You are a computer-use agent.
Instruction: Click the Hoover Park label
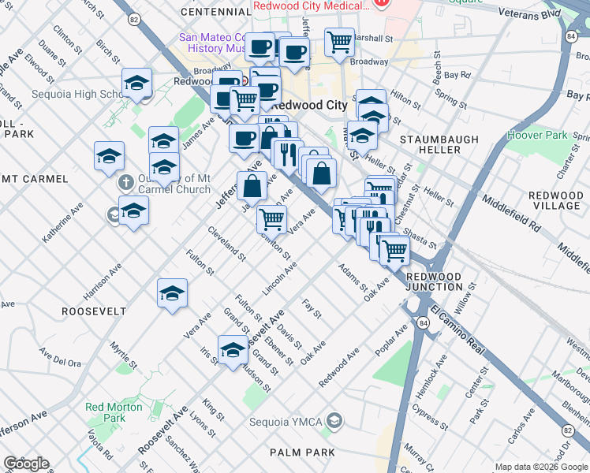point(548,135)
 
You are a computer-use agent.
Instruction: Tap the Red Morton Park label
point(106,412)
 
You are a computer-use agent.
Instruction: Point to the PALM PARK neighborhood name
point(302,453)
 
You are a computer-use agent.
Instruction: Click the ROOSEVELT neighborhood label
point(94,311)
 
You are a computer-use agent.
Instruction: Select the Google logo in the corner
point(26,464)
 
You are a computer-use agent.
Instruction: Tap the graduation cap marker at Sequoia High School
point(136,83)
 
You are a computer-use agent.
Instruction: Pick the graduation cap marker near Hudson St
point(233,350)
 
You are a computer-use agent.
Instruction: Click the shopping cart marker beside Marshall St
point(339,41)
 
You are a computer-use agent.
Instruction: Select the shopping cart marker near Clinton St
point(271,218)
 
